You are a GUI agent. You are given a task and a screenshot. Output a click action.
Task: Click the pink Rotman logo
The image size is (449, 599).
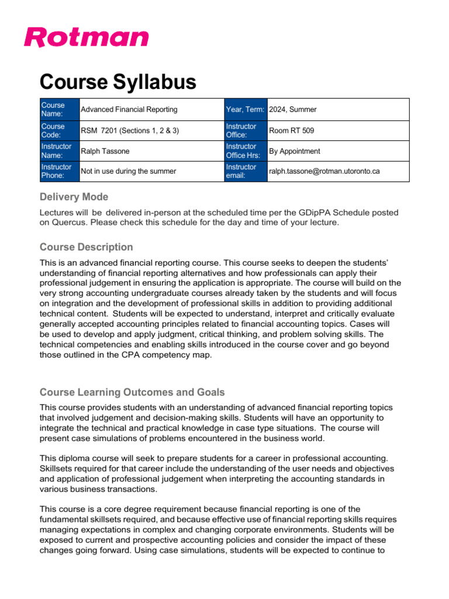click(x=87, y=37)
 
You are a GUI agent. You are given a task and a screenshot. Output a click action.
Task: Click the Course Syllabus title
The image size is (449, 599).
click(x=118, y=82)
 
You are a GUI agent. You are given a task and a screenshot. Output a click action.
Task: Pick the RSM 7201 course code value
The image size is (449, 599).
click(x=130, y=130)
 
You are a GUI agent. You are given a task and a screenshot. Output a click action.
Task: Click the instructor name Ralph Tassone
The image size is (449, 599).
click(x=105, y=151)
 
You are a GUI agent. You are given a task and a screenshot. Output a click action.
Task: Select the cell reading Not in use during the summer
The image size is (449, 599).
click(x=129, y=171)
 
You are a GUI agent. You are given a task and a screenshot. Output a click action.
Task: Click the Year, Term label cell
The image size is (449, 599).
click(x=246, y=109)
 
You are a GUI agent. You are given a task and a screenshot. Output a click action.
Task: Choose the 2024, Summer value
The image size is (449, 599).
click(x=293, y=109)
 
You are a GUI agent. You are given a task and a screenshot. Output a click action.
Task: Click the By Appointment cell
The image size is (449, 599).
click(x=295, y=151)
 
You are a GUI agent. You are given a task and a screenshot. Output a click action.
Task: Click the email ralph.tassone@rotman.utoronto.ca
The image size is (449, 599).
click(x=324, y=171)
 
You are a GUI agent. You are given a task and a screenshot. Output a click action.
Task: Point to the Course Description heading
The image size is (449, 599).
click(x=86, y=247)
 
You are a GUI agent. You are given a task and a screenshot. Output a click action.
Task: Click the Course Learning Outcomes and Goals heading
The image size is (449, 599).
click(x=132, y=392)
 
